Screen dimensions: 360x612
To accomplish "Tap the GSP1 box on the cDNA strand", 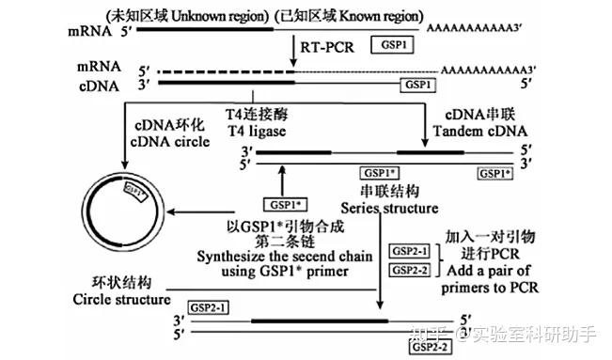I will click(x=419, y=85).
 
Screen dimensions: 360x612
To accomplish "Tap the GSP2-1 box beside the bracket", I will click(x=410, y=252).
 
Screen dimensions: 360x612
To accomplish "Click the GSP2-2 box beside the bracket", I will click(x=410, y=271).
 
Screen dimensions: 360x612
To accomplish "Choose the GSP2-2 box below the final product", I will click(x=432, y=347).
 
